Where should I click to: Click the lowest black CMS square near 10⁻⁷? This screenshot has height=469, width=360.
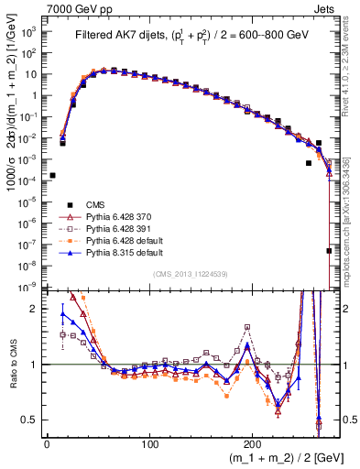pos(328,250)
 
